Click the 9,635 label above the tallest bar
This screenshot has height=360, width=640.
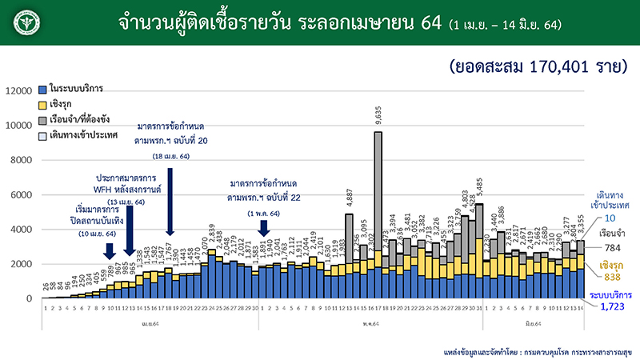pyautogui.click(x=378, y=120)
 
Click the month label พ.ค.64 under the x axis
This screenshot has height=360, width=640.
pyautogui.click(x=346, y=323)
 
